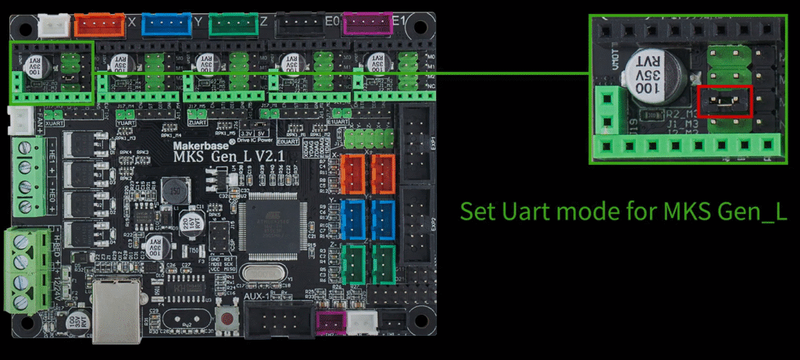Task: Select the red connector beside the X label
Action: pyautogui.click(x=99, y=26)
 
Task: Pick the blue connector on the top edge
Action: pyautogui.click(x=165, y=26)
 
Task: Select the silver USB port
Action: pyautogui.click(x=115, y=310)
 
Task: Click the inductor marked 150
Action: pyautogui.click(x=175, y=190)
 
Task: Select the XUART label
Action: pyautogui.click(x=55, y=124)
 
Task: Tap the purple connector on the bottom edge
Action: pyautogui.click(x=329, y=321)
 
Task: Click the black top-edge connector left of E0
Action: pyautogui.click(x=296, y=26)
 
